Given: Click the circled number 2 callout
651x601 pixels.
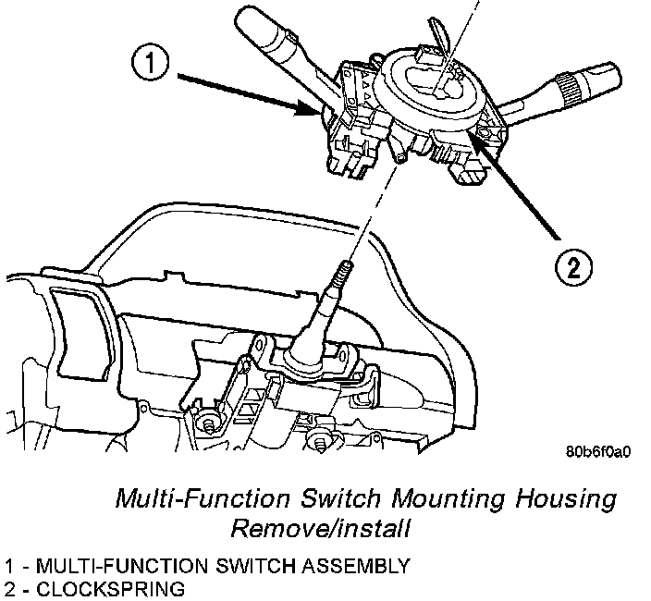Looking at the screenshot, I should [x=573, y=269].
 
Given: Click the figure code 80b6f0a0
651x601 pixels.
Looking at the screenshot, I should [x=598, y=454].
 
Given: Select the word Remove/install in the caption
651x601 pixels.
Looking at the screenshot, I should [x=320, y=531].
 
